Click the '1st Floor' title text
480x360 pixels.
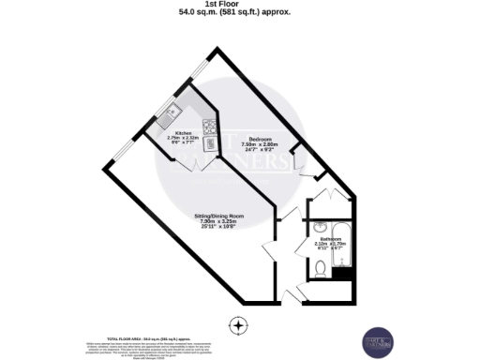click(240, 5)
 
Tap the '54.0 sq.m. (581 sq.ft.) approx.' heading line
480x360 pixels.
click(240, 13)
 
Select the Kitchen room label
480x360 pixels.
click(183, 133)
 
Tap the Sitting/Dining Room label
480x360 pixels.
click(219, 215)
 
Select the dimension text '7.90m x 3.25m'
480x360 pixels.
click(219, 221)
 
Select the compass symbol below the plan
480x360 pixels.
click(240, 325)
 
